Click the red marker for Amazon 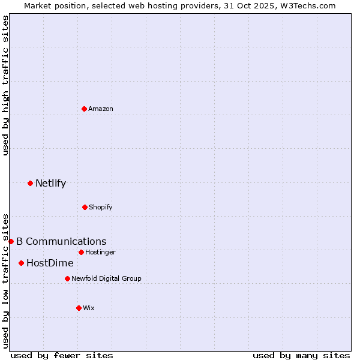[84, 109]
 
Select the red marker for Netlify [30, 183]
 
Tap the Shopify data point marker [85, 207]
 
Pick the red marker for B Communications [11, 241]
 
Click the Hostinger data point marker [81, 252]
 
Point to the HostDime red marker [21, 263]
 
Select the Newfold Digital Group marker [67, 278]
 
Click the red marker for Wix [79, 308]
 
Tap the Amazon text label [101, 109]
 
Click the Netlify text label [50, 184]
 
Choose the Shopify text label [101, 208]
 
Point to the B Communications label [61, 242]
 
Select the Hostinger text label [100, 253]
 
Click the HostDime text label [50, 263]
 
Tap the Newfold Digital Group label [106, 279]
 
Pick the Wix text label [89, 308]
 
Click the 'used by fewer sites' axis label [62, 355]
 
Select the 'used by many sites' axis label [301, 355]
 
